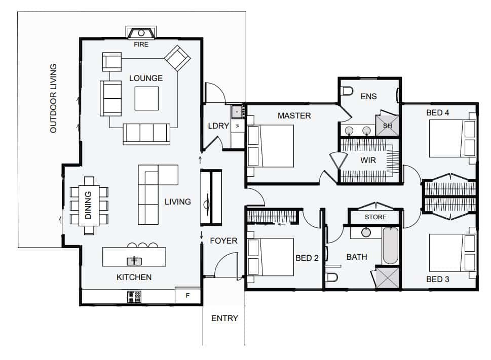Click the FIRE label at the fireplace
pos(141,45)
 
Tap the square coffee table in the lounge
pos(146,98)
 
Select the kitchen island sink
pos(134,261)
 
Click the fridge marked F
pos(187,295)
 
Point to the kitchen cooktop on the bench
pos(134,297)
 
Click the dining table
pos(89,206)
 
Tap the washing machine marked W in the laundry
pos(238,126)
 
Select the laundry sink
pos(237,111)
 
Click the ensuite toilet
pos(347,91)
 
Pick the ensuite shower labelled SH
pos(387,126)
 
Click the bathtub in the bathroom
pos(390,246)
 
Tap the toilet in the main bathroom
pos(331,277)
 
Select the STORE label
pos(375,217)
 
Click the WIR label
pos(368,160)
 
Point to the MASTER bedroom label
pos(294,116)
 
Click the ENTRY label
pos(224,318)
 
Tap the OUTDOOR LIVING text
pos(54,98)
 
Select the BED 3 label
pos(437,279)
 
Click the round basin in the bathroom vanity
pos(366,232)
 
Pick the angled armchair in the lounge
pos(177,58)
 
